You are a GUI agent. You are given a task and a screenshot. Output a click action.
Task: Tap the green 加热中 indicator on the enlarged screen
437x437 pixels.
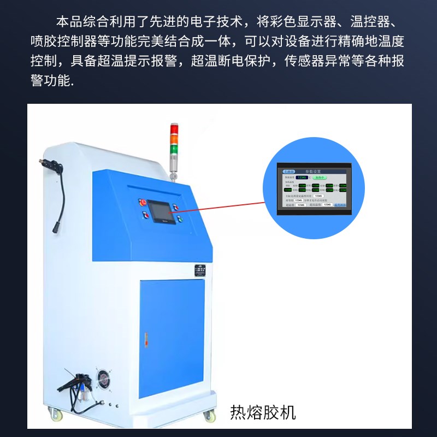click(x=319, y=178)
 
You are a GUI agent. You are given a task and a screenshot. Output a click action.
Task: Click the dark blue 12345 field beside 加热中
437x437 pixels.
click(x=302, y=178)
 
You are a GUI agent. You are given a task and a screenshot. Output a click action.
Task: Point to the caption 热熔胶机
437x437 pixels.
click(x=263, y=412)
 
